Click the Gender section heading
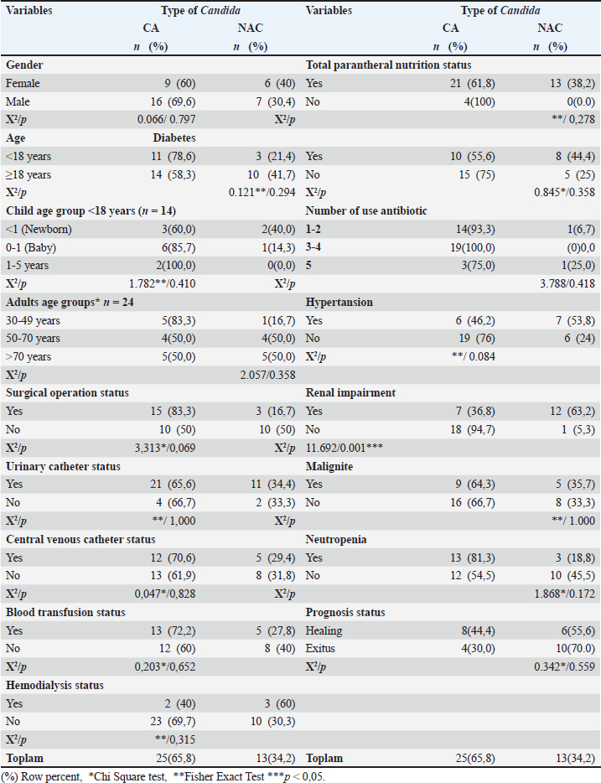[25, 65]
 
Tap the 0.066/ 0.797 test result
[173, 120]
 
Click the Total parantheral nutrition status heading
[388, 65]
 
